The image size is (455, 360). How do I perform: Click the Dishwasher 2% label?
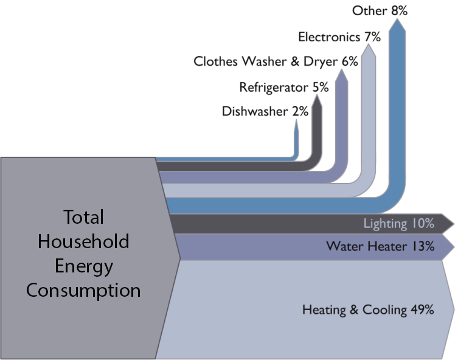pyautogui.click(x=265, y=111)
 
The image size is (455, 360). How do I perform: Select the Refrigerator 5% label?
pyautogui.click(x=283, y=87)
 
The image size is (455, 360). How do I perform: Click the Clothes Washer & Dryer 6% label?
pyautogui.click(x=276, y=61)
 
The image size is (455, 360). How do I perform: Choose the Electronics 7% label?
pyautogui.click(x=339, y=36)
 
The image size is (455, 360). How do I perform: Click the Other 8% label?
pyautogui.click(x=380, y=10)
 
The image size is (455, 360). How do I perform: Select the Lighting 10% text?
pyautogui.click(x=398, y=223)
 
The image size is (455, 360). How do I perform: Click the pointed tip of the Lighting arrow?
pyautogui.click(x=453, y=223)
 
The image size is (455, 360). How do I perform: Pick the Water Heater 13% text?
pyautogui.click(x=380, y=246)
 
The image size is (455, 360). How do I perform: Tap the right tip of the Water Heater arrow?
pyautogui.click(x=453, y=246)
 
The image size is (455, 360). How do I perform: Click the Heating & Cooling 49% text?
pyautogui.click(x=367, y=310)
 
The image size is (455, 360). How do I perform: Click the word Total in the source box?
pyautogui.click(x=83, y=217)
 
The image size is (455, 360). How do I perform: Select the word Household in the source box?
pyautogui.click(x=83, y=241)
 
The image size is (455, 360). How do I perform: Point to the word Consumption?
pyautogui.click(x=83, y=290)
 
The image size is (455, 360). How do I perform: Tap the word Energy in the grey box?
pyautogui.click(x=83, y=266)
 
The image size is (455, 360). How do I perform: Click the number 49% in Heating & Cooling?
pyautogui.click(x=422, y=310)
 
